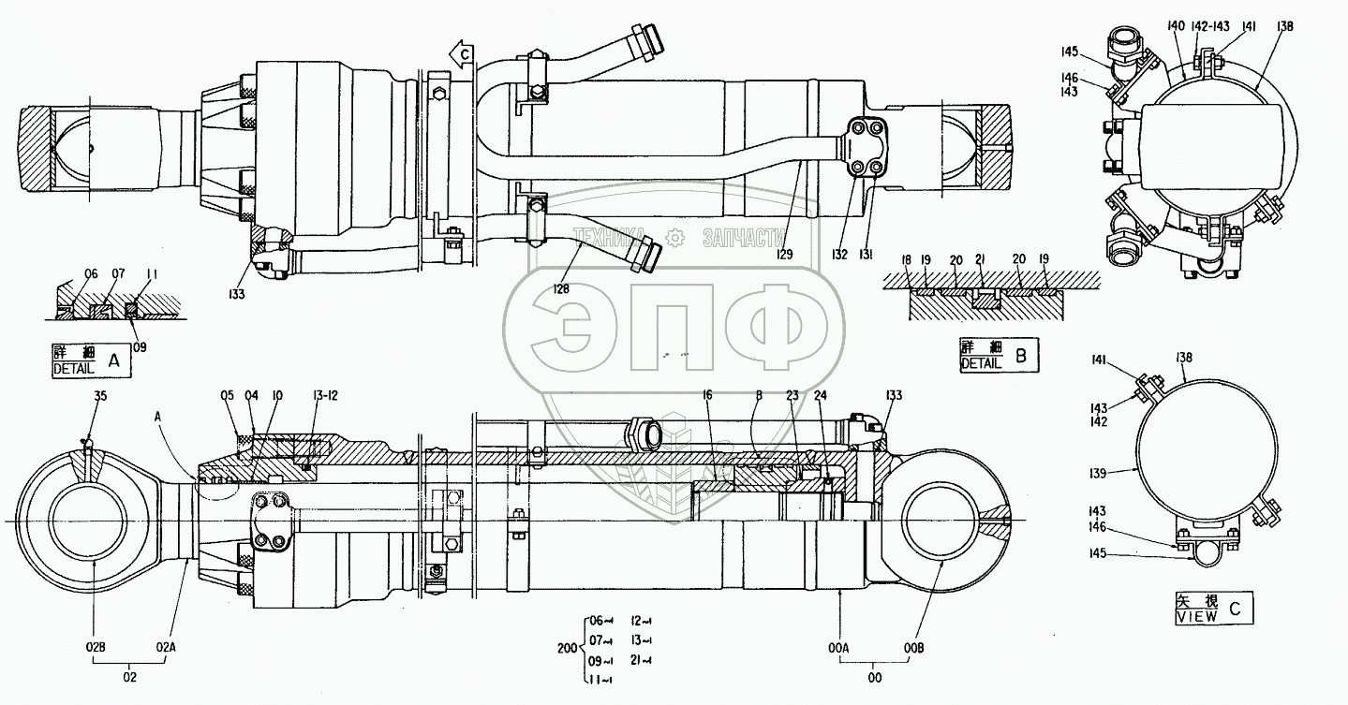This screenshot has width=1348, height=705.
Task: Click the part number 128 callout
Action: [560, 289]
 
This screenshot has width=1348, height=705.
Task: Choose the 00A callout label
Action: [838, 646]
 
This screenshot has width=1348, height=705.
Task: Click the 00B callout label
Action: [914, 646]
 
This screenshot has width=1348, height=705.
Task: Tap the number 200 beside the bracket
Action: [566, 646]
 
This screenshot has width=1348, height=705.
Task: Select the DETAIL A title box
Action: [91, 360]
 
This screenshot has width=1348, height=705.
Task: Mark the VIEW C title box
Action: [1212, 609]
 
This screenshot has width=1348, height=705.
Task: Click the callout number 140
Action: [1176, 27]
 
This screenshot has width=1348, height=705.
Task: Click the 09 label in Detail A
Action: [140, 345]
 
